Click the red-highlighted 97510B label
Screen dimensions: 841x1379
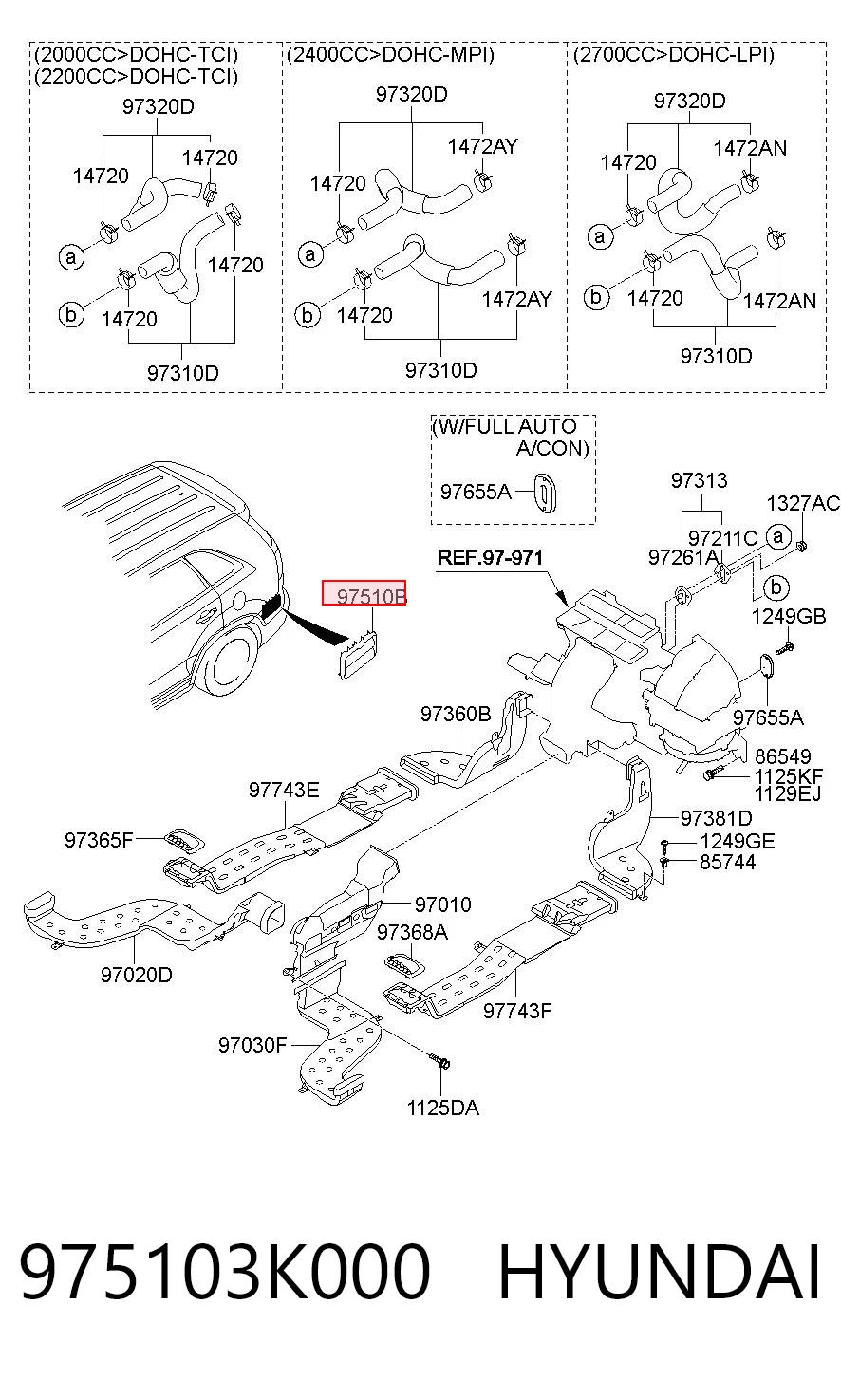click(x=364, y=592)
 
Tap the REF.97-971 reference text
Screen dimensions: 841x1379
click(x=490, y=558)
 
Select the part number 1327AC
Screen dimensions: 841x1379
click(x=803, y=504)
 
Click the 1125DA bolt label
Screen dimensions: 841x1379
click(x=442, y=1109)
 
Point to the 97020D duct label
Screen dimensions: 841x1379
click(x=137, y=975)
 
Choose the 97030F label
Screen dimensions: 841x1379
click(x=252, y=1045)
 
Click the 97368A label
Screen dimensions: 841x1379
click(x=413, y=932)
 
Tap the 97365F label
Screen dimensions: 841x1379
click(x=99, y=840)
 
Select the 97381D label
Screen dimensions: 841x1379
click(x=716, y=818)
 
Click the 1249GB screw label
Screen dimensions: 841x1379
click(x=789, y=616)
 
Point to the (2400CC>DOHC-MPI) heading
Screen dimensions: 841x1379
click(x=391, y=55)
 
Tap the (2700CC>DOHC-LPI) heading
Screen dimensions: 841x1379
click(x=674, y=55)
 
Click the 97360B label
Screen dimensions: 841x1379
click(x=456, y=714)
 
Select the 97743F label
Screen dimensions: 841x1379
click(x=517, y=1011)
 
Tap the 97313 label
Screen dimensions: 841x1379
click(x=699, y=480)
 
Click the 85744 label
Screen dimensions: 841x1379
click(x=727, y=862)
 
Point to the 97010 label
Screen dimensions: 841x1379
click(x=442, y=904)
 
